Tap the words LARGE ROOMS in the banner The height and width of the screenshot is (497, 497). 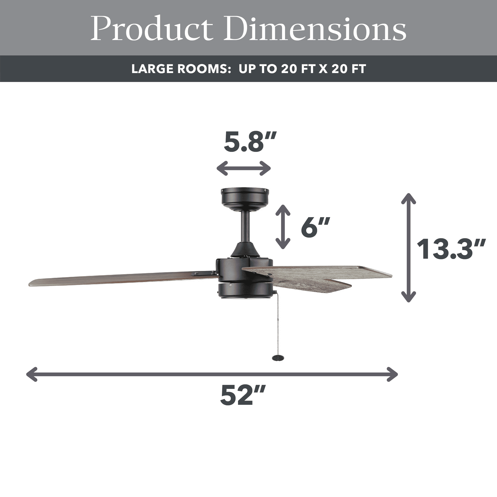(x=181, y=69)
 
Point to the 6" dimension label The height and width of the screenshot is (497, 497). (x=315, y=227)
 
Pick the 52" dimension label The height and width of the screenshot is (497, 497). (x=243, y=395)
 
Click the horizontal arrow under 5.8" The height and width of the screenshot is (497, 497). (x=244, y=168)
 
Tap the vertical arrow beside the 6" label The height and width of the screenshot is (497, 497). (x=283, y=227)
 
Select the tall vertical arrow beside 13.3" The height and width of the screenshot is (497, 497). (x=409, y=248)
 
